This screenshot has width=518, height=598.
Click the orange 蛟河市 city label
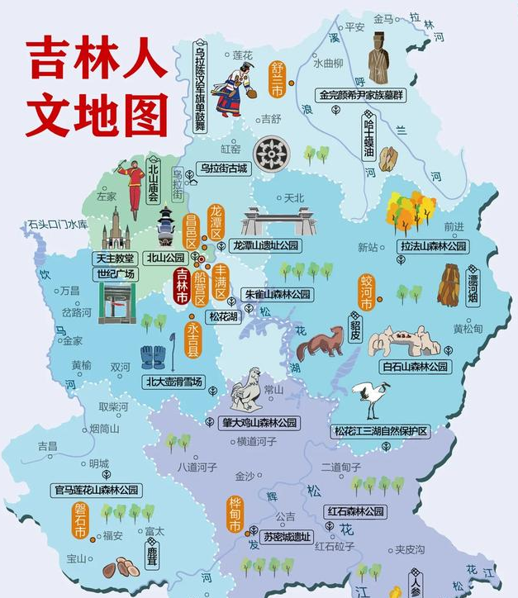point(366,293)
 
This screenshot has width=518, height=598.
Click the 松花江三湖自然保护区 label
point(381,431)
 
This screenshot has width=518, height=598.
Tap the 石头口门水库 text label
point(57,225)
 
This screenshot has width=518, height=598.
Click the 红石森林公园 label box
point(355,512)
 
